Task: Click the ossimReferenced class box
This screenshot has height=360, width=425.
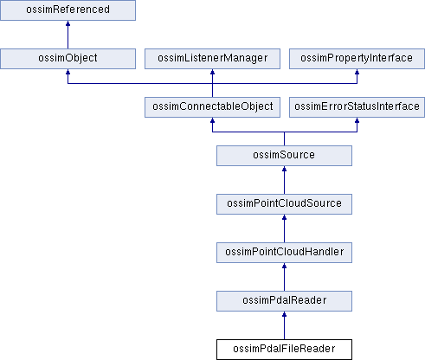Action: (x=68, y=10)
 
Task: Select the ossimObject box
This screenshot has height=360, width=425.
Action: (x=68, y=59)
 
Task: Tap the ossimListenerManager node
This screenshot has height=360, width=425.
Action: (x=212, y=59)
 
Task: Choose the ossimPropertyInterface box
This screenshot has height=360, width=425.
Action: (x=357, y=59)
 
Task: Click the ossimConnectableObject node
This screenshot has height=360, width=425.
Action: (x=212, y=107)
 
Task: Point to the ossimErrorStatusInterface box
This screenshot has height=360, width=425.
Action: (x=357, y=107)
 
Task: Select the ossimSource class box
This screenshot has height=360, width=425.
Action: (x=284, y=156)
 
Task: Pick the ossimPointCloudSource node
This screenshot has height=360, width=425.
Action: (x=284, y=204)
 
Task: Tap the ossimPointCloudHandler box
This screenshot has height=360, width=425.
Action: (x=284, y=253)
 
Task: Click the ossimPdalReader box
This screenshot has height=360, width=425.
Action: (x=284, y=301)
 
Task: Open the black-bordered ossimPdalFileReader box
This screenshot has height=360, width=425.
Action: (x=284, y=350)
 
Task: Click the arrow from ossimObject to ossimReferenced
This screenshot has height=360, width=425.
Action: (x=68, y=35)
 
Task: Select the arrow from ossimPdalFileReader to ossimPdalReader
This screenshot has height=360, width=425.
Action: (x=284, y=325)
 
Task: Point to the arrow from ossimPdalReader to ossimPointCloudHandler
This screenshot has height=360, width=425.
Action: (x=284, y=277)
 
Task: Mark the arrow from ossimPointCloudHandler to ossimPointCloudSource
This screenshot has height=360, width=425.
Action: (x=284, y=228)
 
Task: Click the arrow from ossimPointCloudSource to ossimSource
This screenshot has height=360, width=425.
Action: (x=284, y=180)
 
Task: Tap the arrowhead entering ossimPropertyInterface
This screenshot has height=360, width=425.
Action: (x=357, y=72)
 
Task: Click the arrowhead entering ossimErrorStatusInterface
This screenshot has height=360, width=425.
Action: (x=357, y=120)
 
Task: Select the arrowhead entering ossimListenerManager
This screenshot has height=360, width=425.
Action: (x=212, y=72)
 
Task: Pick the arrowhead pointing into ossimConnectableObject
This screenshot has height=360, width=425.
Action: (x=212, y=120)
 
